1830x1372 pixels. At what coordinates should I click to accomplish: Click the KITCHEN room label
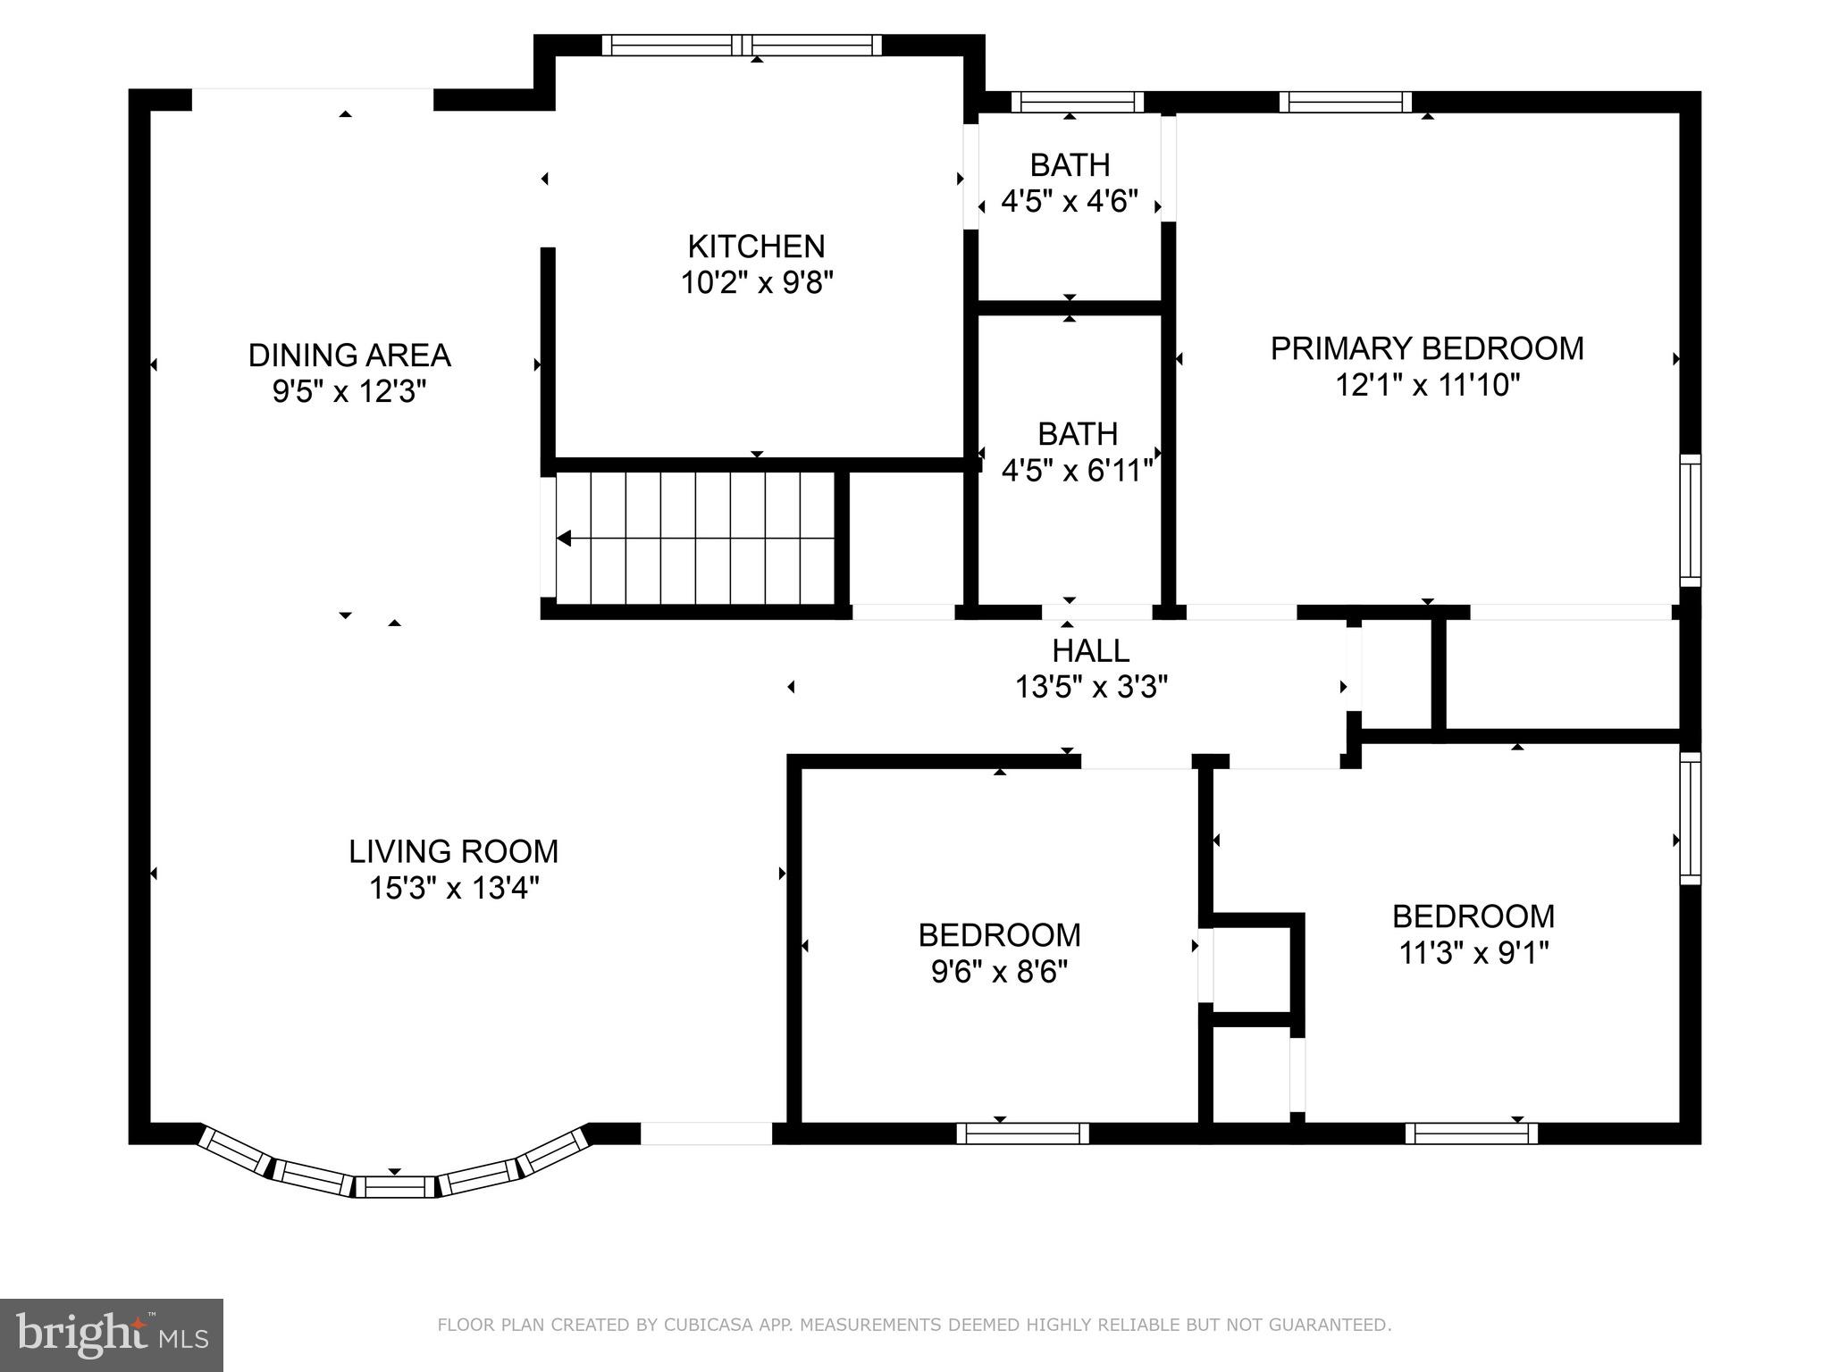click(x=756, y=246)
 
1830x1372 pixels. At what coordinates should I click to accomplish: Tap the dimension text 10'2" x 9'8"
click(x=756, y=283)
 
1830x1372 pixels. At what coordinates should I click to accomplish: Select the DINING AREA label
click(x=348, y=355)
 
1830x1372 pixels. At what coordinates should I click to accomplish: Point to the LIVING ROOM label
click(x=453, y=851)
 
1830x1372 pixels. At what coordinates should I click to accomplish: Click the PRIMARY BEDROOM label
click(x=1427, y=348)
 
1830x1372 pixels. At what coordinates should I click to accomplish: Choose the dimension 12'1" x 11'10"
click(x=1427, y=385)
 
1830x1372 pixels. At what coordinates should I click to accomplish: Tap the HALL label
click(x=1090, y=650)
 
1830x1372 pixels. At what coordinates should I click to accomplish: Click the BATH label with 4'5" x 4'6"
click(x=1070, y=165)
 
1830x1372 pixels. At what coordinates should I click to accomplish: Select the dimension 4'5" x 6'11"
click(x=1077, y=471)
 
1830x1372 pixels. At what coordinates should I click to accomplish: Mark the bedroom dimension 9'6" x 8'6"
click(x=999, y=972)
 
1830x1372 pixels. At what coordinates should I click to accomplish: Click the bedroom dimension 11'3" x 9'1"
click(x=1473, y=953)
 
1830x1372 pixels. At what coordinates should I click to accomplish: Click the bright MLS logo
click(x=111, y=1335)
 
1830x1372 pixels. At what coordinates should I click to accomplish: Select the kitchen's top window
click(x=741, y=46)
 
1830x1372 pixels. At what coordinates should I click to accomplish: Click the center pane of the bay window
click(x=395, y=1187)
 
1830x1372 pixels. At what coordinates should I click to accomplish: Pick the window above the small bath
click(x=1077, y=102)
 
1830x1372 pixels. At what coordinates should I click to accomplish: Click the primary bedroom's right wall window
click(x=1690, y=520)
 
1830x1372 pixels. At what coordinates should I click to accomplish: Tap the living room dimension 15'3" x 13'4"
click(x=453, y=889)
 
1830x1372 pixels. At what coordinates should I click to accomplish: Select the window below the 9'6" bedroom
click(x=1022, y=1134)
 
